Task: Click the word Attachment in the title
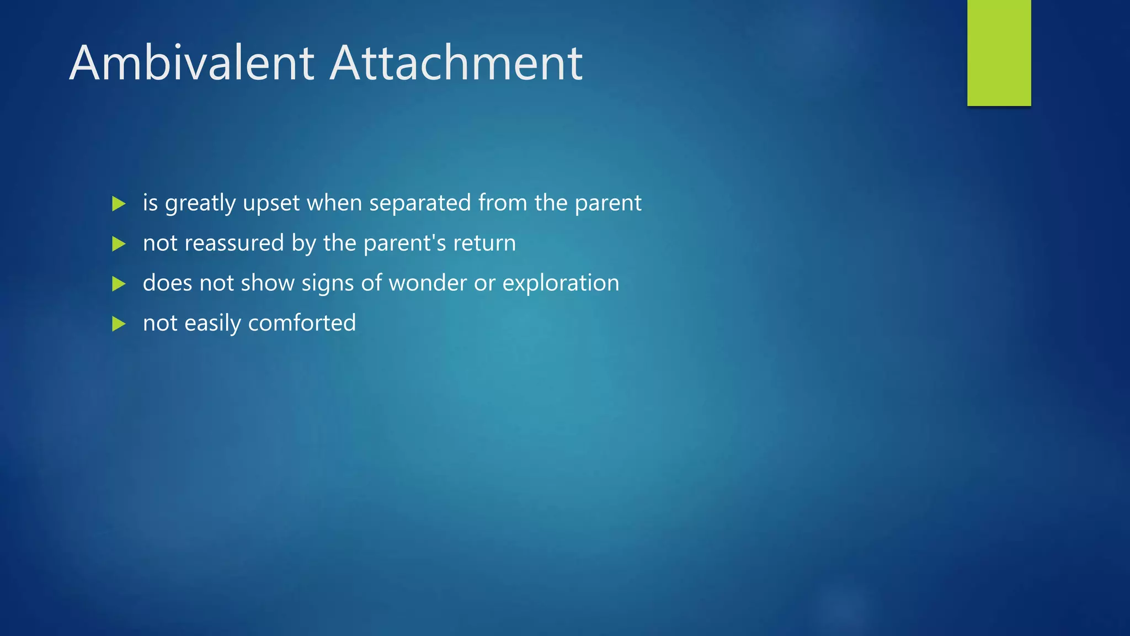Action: pos(456,63)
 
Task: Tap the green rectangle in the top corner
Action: pos(999,52)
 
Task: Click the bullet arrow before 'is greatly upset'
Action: pos(119,204)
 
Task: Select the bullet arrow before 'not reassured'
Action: pos(119,243)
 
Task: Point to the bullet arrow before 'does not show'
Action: pos(119,284)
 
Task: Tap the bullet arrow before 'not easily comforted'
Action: pos(119,324)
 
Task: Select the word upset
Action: pos(271,204)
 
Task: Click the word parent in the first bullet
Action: pos(608,204)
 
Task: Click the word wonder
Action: pos(428,283)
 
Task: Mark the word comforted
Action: pos(302,323)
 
